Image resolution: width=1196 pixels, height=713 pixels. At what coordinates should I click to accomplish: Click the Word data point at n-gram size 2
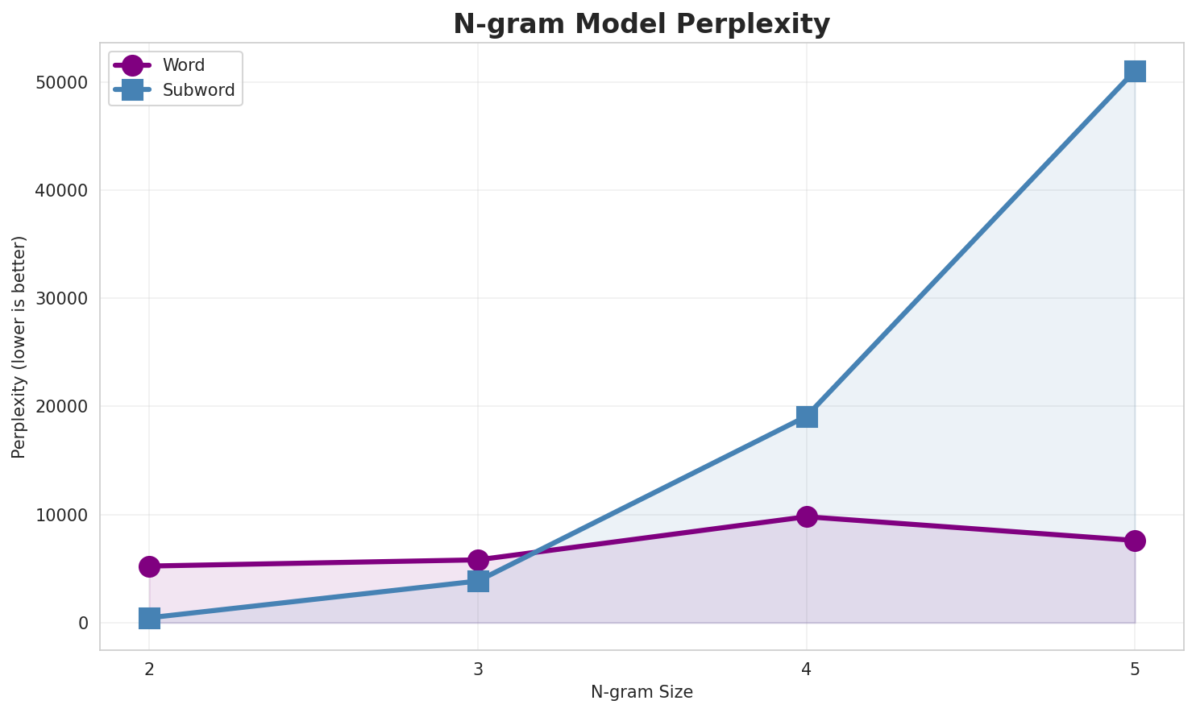coord(149,566)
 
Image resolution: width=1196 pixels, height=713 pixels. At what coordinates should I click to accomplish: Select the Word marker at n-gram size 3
coord(478,560)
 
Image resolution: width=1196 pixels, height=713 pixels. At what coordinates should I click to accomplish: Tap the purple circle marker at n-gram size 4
coord(807,516)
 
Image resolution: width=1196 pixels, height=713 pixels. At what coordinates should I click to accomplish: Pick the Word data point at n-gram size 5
coord(1135,541)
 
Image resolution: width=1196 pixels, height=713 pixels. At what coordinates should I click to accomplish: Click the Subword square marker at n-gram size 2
coord(149,619)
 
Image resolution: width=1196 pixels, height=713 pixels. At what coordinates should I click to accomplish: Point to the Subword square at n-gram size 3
coord(478,581)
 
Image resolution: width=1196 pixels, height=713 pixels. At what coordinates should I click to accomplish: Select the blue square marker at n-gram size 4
coord(807,417)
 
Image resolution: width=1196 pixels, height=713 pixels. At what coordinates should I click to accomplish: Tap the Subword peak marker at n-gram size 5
coord(1135,71)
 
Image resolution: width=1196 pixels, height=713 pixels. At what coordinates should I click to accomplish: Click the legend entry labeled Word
coord(183,65)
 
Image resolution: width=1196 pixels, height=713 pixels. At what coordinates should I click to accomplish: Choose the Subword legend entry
coord(198,90)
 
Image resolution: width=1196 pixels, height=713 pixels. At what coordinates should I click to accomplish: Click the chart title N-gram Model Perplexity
coord(641,23)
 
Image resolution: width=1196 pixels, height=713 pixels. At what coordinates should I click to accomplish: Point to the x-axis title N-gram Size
coord(642,692)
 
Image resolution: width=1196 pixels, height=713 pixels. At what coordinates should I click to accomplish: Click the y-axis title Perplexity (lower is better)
coord(19,346)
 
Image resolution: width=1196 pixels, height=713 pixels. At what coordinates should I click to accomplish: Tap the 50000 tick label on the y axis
coord(61,83)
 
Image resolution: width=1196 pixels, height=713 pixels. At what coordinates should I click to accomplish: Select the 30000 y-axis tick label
coord(61,299)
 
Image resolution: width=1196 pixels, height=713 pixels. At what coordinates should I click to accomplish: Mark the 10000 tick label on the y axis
coord(61,515)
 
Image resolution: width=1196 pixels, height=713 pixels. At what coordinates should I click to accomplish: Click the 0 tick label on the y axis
coord(83,623)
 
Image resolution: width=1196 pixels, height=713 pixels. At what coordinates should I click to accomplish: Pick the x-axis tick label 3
coord(478,669)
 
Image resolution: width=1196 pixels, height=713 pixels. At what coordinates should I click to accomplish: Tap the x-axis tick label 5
coord(1135,669)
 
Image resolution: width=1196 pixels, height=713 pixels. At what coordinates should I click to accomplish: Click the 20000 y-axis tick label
coord(61,407)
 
